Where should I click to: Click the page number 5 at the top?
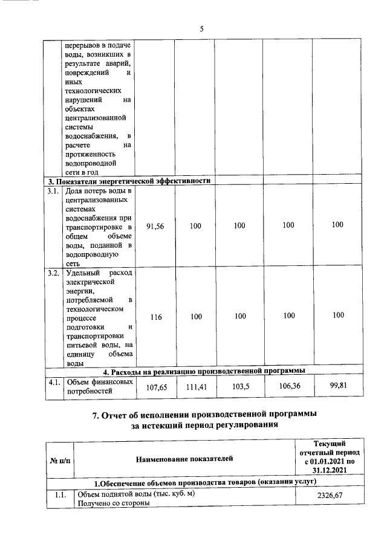coord(203,28)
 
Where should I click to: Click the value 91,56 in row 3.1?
coord(155,225)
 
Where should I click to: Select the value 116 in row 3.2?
coord(155,316)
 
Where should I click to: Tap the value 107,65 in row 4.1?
coord(155,387)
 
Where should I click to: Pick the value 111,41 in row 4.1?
coord(196,387)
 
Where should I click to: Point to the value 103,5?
coord(240,387)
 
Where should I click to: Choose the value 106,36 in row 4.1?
coord(288,386)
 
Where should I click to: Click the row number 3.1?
coord(53,192)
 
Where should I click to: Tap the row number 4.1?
coord(53,382)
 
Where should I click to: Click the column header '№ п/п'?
coord(59,461)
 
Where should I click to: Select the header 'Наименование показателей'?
coord(184,460)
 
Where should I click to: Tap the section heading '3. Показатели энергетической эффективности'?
coord(129,181)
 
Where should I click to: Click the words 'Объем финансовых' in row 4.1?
coord(99,382)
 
